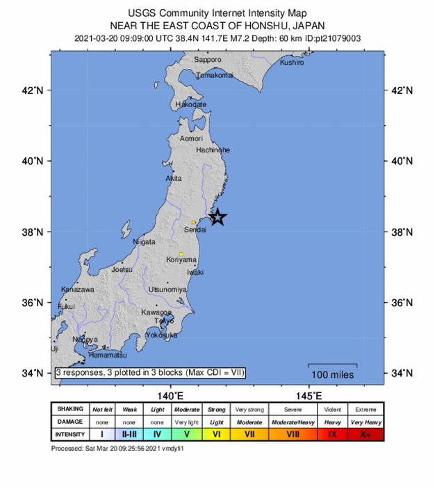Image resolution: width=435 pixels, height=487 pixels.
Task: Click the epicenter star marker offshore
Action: (217, 217)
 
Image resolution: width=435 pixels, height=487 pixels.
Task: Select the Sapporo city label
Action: (207, 61)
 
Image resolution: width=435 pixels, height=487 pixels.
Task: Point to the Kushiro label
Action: (292, 63)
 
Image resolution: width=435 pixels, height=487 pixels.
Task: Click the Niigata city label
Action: (144, 242)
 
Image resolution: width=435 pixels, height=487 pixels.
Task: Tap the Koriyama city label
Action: (181, 260)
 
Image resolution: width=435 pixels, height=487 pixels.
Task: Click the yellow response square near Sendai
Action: (194, 223)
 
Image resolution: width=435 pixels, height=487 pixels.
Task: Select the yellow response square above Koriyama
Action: (181, 254)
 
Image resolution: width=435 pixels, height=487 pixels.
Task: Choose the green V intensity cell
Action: (186, 434)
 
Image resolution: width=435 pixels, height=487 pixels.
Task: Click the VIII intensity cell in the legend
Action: (293, 434)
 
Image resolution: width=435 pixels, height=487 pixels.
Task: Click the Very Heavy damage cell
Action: (366, 422)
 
